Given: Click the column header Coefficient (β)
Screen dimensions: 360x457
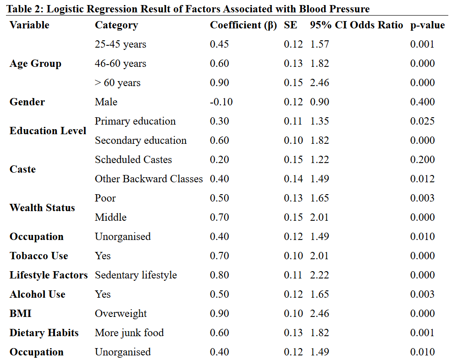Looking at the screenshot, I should pos(243,25).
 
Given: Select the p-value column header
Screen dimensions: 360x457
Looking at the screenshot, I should pos(427,25).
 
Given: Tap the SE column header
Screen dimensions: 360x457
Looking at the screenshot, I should pos(290,25).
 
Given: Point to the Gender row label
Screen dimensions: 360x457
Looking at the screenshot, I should pos(27,102).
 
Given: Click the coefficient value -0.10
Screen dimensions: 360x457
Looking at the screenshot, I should pos(221,102).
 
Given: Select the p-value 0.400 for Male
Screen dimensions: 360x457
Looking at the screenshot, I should pos(422,102).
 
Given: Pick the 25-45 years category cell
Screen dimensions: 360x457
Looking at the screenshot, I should pos(121,44).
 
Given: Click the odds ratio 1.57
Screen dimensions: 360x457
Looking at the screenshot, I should pos(319,44).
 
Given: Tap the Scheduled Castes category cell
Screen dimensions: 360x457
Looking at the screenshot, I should pos(133,160).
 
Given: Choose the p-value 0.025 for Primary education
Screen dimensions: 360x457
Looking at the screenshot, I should pos(422,121).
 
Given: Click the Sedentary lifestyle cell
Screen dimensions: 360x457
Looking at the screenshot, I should pos(136,275).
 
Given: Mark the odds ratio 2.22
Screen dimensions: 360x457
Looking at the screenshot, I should pos(319,275).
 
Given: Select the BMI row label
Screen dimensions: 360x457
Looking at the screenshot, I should pos(20,314).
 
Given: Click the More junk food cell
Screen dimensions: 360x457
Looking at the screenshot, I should pos(129,333).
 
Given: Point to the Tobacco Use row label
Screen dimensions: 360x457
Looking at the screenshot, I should pos(39,256).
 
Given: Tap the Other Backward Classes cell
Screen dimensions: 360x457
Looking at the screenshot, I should pos(149,179).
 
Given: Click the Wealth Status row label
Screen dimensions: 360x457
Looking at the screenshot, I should pos(42,208).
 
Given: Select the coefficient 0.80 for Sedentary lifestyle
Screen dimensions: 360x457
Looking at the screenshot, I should pos(219,275).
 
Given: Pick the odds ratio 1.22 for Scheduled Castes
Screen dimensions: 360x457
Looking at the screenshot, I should pos(319,160).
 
